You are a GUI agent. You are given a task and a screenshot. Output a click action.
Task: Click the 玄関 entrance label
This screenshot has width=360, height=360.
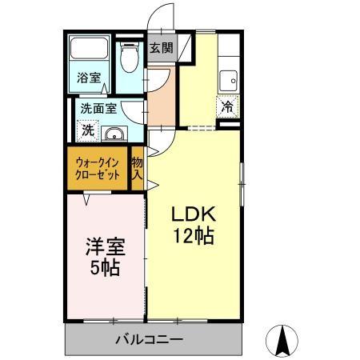coord(161,48)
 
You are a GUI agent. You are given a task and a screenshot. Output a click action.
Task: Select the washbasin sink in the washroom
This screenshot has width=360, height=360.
coord(114,134)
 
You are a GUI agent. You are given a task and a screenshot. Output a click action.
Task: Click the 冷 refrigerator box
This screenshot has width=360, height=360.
coord(227,104)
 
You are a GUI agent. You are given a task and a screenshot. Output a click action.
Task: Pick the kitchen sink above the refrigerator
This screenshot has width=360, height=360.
coord(228,80)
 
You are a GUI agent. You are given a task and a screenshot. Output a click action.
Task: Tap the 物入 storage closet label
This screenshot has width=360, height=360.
coord(138,168)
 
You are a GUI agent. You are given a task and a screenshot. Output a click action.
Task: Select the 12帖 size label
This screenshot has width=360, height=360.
coord(194,236)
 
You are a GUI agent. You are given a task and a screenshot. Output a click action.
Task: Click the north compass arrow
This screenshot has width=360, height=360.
coord(282,341)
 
